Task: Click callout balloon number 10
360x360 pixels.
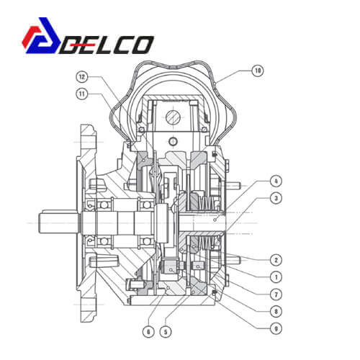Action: pyautogui.click(x=258, y=71)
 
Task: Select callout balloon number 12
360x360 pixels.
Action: pyautogui.click(x=82, y=77)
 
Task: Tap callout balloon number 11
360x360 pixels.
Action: pyautogui.click(x=82, y=94)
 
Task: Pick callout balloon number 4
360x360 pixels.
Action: pyautogui.click(x=276, y=181)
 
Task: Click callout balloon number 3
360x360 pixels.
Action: pyautogui.click(x=276, y=199)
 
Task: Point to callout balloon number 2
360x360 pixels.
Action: pyautogui.click(x=276, y=260)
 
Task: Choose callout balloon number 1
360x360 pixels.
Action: pyautogui.click(x=276, y=277)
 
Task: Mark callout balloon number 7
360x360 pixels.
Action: pyautogui.click(x=276, y=294)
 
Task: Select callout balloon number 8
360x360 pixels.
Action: pyautogui.click(x=276, y=312)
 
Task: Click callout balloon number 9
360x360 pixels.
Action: pyautogui.click(x=276, y=329)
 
